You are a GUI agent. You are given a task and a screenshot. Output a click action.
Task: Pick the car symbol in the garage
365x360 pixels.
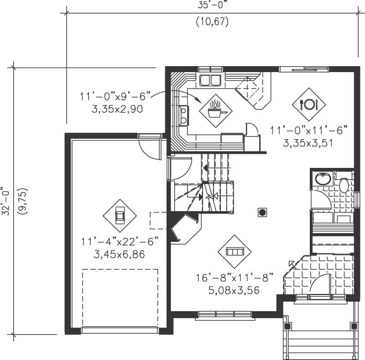point(120,215)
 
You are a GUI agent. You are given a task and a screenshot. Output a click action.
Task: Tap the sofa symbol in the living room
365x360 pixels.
point(235,251)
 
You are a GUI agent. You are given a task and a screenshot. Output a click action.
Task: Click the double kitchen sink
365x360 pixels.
point(210,81)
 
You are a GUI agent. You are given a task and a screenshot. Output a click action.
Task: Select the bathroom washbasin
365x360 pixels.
point(323,178)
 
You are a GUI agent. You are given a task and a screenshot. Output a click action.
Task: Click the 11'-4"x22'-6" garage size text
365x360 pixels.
point(120,241)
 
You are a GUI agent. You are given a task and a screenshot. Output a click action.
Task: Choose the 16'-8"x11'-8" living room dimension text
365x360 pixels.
point(235,277)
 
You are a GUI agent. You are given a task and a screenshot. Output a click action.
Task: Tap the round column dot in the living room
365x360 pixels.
point(262,212)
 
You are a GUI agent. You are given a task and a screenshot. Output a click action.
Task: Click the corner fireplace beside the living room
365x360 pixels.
point(185,228)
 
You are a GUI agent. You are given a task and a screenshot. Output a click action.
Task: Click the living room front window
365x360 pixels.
point(225,314)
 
